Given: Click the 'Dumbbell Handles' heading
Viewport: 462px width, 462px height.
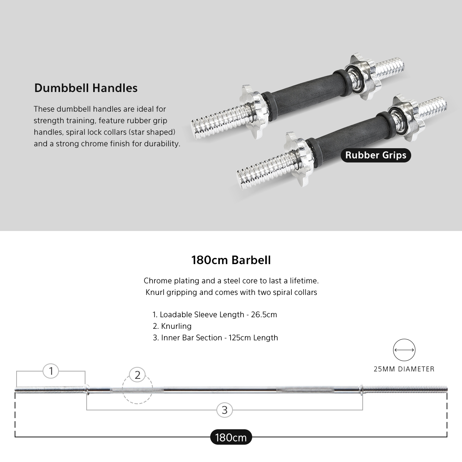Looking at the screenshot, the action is [x=86, y=88].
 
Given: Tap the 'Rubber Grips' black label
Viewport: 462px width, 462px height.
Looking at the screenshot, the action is [x=376, y=155].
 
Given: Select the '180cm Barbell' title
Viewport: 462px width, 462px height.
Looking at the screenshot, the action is [x=231, y=260].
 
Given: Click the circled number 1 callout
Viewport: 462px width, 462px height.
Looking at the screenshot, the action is [x=51, y=371].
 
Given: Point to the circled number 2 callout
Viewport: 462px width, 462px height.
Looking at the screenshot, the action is [x=137, y=375].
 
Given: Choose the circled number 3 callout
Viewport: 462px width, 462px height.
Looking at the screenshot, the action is [x=224, y=410].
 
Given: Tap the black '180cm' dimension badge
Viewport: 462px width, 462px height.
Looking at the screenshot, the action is [x=231, y=437].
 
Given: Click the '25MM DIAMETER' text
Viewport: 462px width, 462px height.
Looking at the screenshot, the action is [x=404, y=369].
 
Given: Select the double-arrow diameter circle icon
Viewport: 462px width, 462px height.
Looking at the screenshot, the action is [x=404, y=350].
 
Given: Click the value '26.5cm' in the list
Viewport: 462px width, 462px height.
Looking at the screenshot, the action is [x=264, y=315].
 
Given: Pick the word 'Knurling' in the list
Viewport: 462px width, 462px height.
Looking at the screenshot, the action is [x=176, y=326].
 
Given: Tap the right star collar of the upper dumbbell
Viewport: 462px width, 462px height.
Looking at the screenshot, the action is [x=362, y=76].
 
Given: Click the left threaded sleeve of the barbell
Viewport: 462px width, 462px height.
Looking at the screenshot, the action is [x=50, y=390].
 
